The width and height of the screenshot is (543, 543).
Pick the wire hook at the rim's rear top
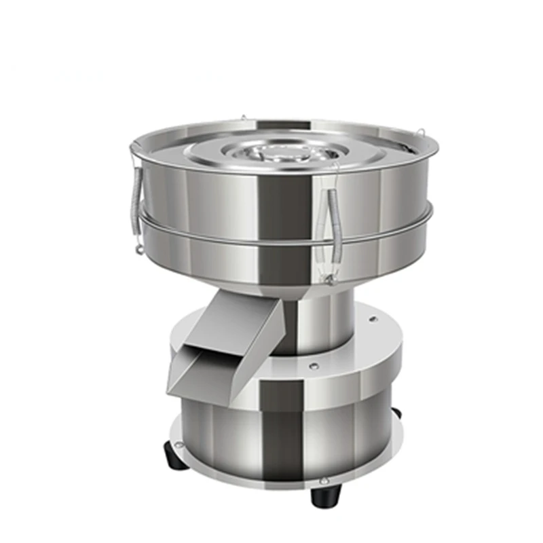click(x=242, y=119)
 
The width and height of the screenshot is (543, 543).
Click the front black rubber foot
click(x=326, y=496)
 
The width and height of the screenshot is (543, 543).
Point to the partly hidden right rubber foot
click(x=396, y=412)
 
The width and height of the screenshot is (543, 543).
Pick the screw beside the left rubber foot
click(x=179, y=445)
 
